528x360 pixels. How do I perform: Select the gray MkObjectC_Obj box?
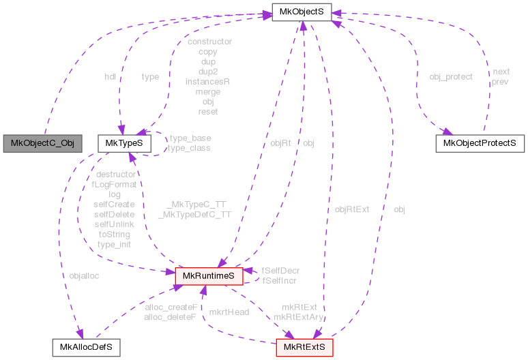tap(42, 143)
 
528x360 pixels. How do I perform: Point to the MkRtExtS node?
tap(304, 347)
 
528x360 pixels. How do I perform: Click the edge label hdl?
tap(110, 76)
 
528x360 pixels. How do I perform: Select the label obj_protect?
tap(450, 76)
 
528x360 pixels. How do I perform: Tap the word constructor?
tap(209, 41)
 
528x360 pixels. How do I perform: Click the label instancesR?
tap(207, 80)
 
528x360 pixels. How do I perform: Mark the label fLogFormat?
tap(115, 184)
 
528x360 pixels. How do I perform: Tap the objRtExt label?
tap(352, 209)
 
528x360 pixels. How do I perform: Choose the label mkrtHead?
tap(229, 312)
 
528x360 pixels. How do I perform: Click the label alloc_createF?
tap(171, 307)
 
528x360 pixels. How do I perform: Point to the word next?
tap(501, 72)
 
